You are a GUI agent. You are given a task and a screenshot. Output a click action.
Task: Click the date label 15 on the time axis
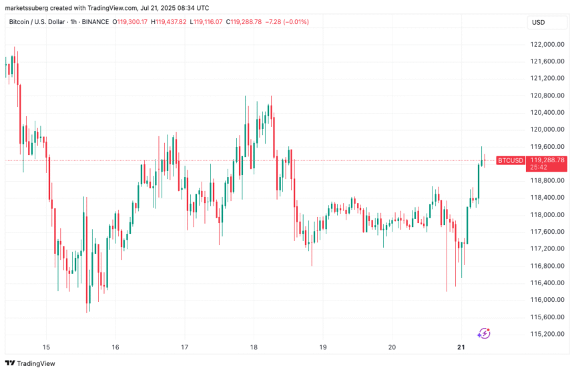pyautogui.click(x=46, y=347)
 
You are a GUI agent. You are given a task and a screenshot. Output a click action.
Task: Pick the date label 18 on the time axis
pyautogui.click(x=254, y=347)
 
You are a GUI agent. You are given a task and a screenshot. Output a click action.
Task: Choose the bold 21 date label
pyautogui.click(x=461, y=347)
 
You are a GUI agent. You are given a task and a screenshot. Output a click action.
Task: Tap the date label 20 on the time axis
pyautogui.click(x=392, y=347)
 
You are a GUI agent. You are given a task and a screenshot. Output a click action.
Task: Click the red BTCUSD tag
pyautogui.click(x=511, y=160)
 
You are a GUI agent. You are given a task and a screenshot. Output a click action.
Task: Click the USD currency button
pyautogui.click(x=538, y=23)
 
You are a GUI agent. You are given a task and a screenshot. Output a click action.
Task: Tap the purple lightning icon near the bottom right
pyautogui.click(x=485, y=332)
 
